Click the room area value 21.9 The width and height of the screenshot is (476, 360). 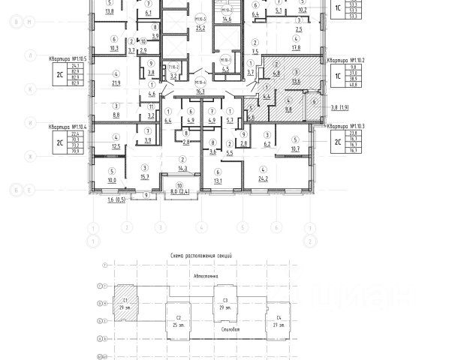pyautogui.click(x=116, y=83)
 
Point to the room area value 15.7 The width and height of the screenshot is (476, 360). pyautogui.click(x=144, y=175)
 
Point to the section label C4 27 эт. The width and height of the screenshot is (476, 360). pyautogui.click(x=279, y=320)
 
